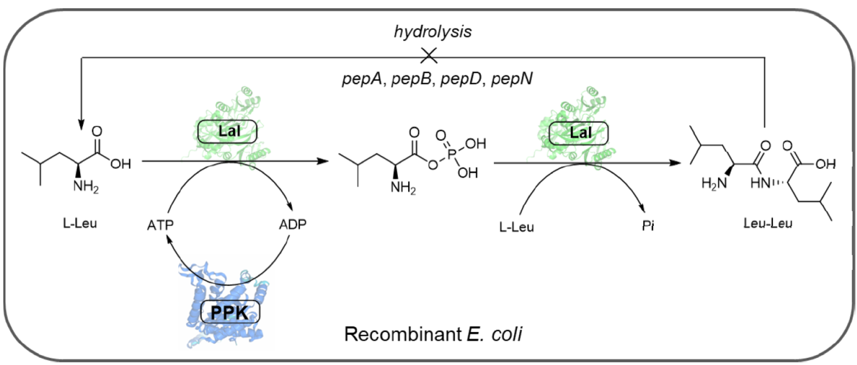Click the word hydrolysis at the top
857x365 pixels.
point(433,32)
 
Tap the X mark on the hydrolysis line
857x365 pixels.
point(428,56)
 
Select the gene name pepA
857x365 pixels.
point(361,79)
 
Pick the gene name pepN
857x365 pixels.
point(512,79)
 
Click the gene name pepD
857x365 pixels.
point(461,79)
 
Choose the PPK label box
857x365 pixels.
point(230,313)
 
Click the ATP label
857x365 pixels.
point(160,225)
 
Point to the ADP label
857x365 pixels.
point(293,224)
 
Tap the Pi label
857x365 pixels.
point(648,226)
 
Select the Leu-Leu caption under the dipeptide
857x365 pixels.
point(768,223)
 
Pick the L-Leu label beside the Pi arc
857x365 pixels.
point(516,227)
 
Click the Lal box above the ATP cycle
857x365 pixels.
point(227,131)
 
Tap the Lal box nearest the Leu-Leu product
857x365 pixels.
point(579,133)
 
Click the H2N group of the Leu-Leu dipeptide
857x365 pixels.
point(714,183)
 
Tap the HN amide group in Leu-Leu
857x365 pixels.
point(760,183)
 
